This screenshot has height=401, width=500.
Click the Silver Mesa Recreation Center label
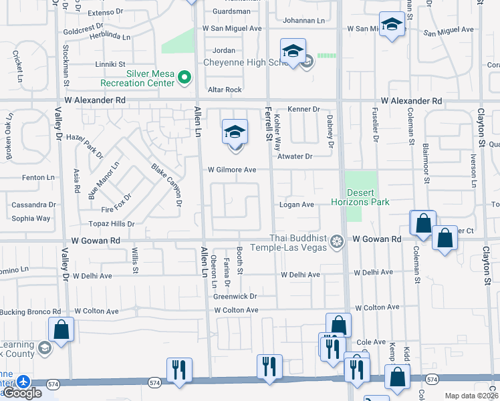coord(137,78)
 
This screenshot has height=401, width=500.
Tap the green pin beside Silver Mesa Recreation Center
coord(185,78)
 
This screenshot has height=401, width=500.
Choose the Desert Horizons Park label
coord(361,196)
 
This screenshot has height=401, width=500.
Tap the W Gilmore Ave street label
coord(231,170)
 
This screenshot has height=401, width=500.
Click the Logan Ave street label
coord(297,205)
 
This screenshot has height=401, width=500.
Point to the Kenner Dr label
coord(304,109)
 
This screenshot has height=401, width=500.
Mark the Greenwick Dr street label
coord(235,296)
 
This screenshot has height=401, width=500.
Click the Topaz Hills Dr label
coord(111,224)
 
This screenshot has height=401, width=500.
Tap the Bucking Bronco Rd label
coord(31,311)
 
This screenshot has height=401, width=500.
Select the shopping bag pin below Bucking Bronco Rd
coord(61,329)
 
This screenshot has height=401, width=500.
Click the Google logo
coord(22,393)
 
